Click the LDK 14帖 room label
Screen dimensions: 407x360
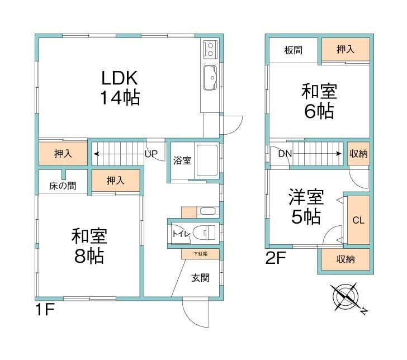(x=120, y=88)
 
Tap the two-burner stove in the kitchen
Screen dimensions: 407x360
(x=211, y=49)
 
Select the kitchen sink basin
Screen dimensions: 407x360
(x=211, y=78)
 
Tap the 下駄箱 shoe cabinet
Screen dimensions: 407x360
(x=201, y=254)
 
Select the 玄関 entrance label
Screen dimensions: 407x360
(x=201, y=277)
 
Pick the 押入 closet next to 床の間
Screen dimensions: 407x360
(x=116, y=181)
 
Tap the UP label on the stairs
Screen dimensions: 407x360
(x=151, y=153)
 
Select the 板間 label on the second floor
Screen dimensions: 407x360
(x=294, y=50)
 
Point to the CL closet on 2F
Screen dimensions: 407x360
(x=358, y=220)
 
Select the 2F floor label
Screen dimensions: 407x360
(x=277, y=259)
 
